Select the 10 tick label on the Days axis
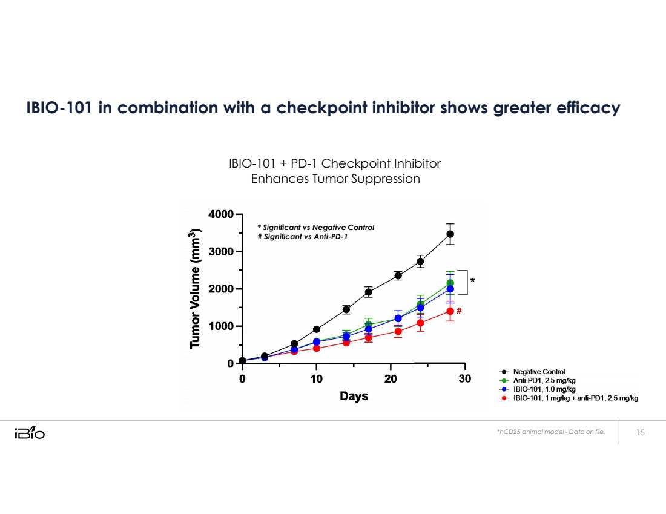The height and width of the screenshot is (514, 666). click(316, 379)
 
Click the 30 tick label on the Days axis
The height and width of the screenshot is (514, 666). click(464, 379)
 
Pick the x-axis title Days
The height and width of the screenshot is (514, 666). click(354, 397)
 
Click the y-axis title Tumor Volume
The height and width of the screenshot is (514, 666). click(194, 289)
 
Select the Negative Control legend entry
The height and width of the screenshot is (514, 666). click(539, 372)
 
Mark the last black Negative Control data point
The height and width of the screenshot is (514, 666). click(450, 234)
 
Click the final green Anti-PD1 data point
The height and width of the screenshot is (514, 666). click(450, 283)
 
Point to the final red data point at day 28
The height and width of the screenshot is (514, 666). click(450, 311)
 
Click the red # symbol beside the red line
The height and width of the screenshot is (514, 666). click(460, 311)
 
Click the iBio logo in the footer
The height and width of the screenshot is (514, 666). click(29, 433)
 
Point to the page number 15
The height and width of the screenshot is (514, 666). click(641, 432)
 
